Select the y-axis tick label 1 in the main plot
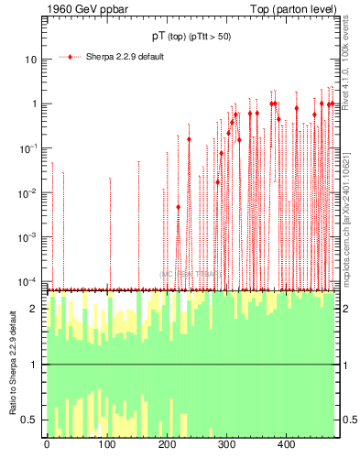point(34,104)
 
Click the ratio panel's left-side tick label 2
point(35,309)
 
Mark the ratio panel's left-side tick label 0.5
point(31,420)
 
